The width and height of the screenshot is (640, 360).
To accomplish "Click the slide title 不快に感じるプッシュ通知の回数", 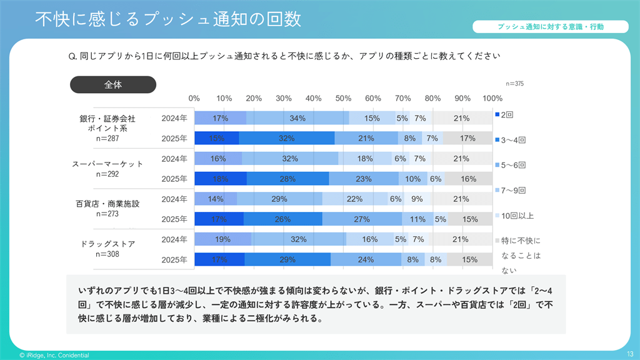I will [167, 19].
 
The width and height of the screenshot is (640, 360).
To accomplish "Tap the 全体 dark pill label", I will [113, 85].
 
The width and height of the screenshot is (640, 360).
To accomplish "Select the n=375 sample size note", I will [514, 84].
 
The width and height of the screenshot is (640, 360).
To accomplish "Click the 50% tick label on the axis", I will [343, 98].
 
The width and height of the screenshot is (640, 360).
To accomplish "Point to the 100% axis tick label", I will [492, 98].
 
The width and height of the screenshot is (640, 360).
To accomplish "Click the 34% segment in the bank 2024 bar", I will [297, 118].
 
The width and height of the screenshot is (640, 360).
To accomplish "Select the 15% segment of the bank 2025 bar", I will [217, 138].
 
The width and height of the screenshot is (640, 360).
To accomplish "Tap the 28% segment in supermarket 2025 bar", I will [287, 179].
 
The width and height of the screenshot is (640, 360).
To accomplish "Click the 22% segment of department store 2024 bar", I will [354, 199].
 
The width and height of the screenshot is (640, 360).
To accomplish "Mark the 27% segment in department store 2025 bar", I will [362, 219].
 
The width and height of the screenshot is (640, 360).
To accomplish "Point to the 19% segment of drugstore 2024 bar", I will [223, 239].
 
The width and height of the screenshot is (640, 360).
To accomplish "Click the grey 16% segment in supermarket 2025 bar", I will [469, 179].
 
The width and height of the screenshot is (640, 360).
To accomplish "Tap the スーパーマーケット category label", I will [107, 164].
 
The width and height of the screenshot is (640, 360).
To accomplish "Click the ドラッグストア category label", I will [107, 244].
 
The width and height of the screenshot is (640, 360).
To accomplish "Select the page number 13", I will [629, 354].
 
